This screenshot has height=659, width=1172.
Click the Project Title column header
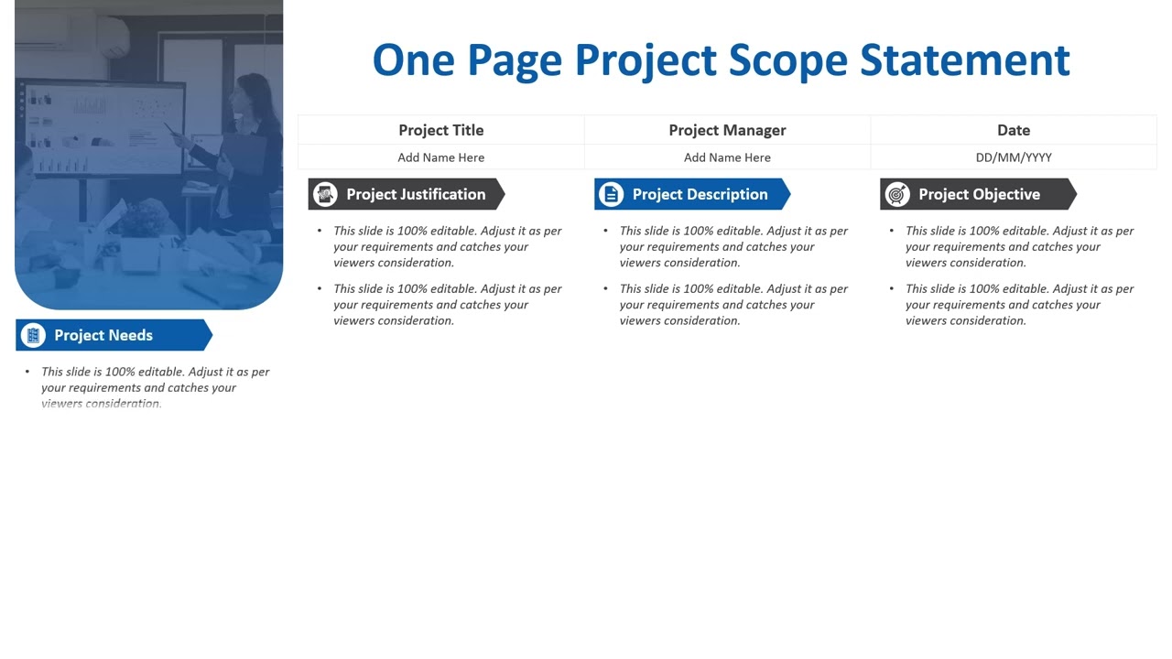click(x=440, y=130)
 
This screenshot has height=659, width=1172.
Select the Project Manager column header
click(x=727, y=130)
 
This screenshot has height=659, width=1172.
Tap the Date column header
click(x=1014, y=130)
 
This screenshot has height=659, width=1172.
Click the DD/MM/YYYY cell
click(x=1014, y=157)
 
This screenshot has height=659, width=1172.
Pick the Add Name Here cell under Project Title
click(x=440, y=157)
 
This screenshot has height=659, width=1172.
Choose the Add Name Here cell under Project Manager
click(x=727, y=157)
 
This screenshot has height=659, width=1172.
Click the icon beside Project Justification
click(x=325, y=194)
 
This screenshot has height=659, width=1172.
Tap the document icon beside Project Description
click(x=611, y=194)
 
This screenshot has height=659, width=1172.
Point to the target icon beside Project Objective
click(x=897, y=194)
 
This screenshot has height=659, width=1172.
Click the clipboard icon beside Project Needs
click(x=33, y=335)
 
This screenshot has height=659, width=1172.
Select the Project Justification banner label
click(x=416, y=194)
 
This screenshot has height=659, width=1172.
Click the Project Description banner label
click(x=700, y=194)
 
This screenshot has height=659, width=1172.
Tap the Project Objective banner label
click(x=979, y=194)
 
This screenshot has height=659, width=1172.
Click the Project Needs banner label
click(x=103, y=335)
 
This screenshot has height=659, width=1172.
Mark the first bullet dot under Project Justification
click(x=320, y=231)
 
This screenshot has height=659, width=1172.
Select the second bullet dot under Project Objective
click(x=892, y=288)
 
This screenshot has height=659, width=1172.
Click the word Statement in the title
click(x=965, y=60)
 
